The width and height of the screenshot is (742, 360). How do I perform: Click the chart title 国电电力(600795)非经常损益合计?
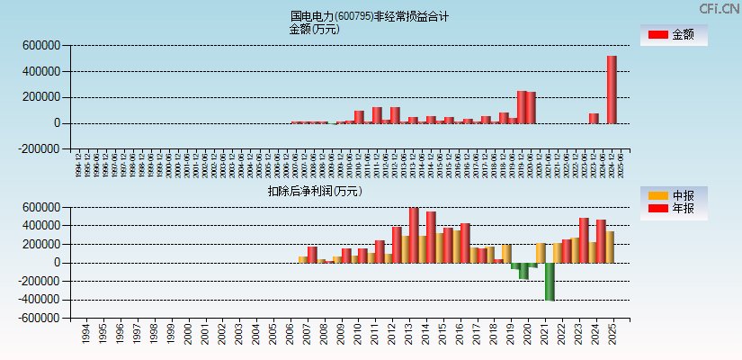(x=370, y=16)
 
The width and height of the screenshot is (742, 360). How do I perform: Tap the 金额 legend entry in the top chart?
(x=674, y=35)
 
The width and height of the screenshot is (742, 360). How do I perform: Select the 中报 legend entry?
(x=674, y=195)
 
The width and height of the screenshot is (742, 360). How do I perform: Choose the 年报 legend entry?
(x=674, y=209)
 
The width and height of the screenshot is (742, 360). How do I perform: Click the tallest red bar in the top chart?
(x=612, y=89)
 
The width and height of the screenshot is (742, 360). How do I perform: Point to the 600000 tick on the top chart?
(x=41, y=45)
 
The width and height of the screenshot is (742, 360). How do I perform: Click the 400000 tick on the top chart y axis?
(x=41, y=71)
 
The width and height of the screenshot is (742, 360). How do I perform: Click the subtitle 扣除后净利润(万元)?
(x=314, y=191)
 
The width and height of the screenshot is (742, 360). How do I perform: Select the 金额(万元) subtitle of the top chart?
(x=314, y=29)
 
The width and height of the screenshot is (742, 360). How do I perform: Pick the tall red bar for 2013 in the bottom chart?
(x=414, y=235)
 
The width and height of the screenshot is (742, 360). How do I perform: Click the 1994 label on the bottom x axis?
(x=85, y=335)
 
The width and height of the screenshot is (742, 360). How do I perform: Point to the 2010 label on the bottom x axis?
(x=358, y=335)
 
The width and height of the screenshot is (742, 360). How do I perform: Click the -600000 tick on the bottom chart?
(x=39, y=319)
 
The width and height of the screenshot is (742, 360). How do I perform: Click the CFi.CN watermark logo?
(x=720, y=8)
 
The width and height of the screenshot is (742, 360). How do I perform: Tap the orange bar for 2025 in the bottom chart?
(x=610, y=247)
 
